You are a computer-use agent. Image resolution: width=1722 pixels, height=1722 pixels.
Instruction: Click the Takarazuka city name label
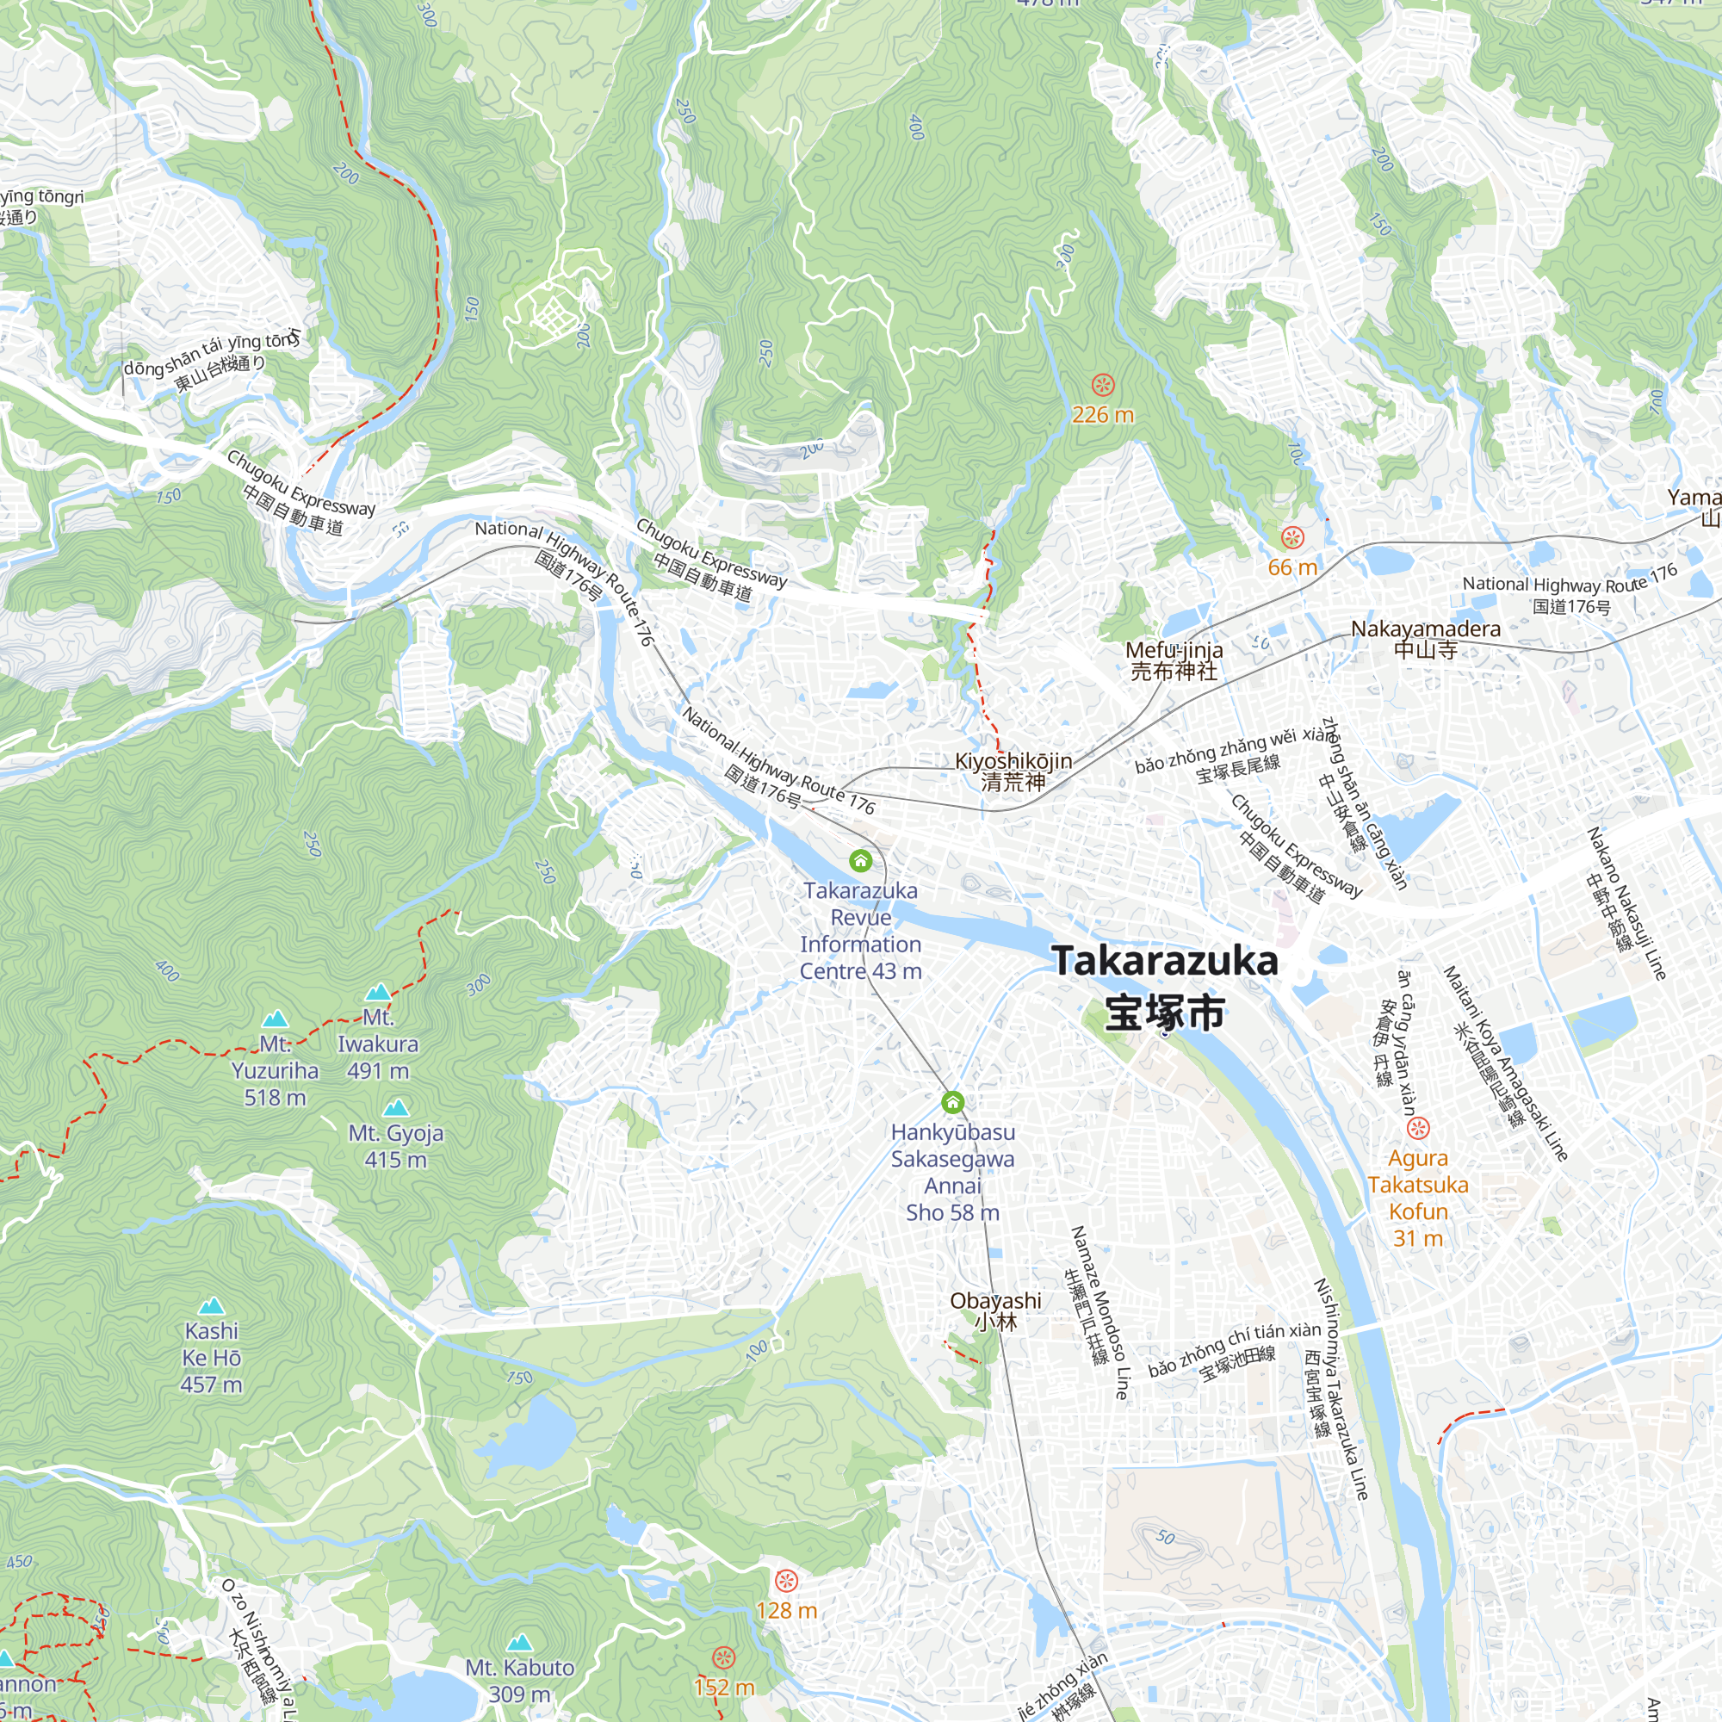pos(1165,987)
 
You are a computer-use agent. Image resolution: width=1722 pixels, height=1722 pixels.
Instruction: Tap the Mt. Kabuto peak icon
pos(520,1643)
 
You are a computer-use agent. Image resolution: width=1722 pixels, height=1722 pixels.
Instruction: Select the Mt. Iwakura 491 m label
pos(377,1044)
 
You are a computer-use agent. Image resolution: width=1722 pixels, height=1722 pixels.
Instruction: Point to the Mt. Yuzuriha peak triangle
pos(276,1018)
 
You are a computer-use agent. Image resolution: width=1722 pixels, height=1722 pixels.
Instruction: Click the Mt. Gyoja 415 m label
pos(396,1145)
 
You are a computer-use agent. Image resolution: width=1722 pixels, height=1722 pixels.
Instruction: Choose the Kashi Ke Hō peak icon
pos(211,1307)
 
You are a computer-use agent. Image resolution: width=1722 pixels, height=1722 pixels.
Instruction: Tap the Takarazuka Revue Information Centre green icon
pos(860,860)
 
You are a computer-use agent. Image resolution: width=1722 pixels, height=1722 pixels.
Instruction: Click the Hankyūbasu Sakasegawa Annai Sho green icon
pos(953,1103)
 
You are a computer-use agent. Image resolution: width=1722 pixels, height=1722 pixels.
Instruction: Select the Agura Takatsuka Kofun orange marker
pos(1418,1129)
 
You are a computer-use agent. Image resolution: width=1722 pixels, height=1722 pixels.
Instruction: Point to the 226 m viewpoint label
pos(1103,414)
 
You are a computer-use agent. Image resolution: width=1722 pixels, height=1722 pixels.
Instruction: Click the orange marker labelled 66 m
pos(1292,537)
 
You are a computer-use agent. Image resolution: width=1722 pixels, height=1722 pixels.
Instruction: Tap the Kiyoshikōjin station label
pos(1013,771)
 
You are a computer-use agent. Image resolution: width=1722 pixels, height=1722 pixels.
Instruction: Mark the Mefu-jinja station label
pos(1174,660)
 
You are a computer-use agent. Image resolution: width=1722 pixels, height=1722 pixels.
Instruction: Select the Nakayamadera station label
pos(1425,639)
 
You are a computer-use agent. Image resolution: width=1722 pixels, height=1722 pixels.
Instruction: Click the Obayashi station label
pos(995,1310)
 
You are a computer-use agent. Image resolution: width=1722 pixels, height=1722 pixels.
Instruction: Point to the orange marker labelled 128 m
pos(786,1581)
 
